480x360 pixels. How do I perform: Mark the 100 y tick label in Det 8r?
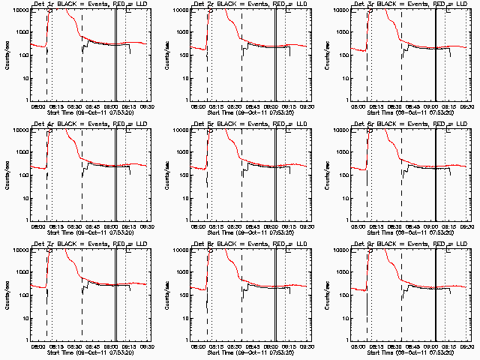coord(183,295)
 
